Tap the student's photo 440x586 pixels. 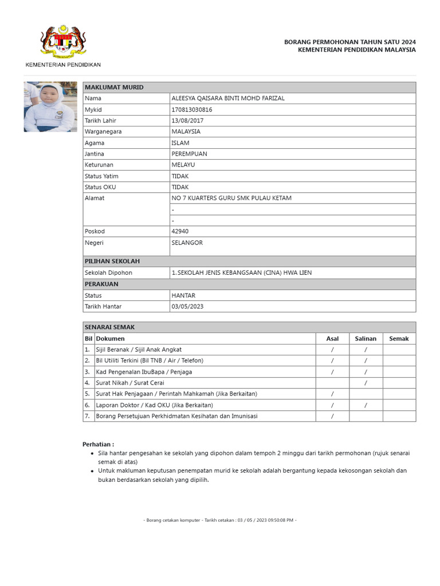click(x=50, y=107)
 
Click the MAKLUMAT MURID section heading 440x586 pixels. click(x=114, y=87)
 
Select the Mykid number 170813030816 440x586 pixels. click(x=192, y=109)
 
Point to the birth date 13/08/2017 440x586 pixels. click(x=187, y=121)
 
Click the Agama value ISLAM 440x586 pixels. click(x=180, y=143)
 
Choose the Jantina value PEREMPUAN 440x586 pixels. click(x=190, y=154)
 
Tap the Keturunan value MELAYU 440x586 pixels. click(x=183, y=165)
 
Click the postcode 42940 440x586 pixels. click(x=180, y=231)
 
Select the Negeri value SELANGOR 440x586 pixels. click(x=187, y=243)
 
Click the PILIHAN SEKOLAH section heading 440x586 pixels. click(x=112, y=261)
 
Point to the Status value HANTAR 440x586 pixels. click(x=183, y=295)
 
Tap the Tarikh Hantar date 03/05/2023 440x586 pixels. click(x=187, y=306)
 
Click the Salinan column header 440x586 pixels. click(x=366, y=338)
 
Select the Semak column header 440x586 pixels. click(x=399, y=338)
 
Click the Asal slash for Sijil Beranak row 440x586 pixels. click(x=332, y=350)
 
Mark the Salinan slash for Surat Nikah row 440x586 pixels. click(x=366, y=383)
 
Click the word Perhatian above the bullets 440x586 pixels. click(x=98, y=444)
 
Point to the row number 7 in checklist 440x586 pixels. click(x=88, y=416)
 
